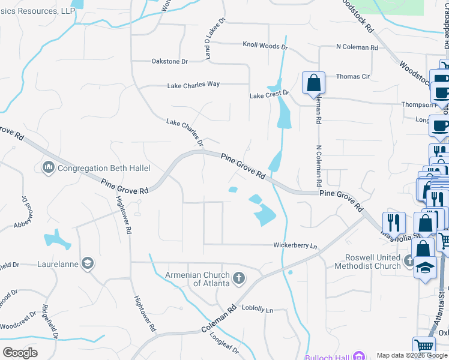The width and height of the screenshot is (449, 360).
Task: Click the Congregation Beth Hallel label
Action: (x=104, y=168)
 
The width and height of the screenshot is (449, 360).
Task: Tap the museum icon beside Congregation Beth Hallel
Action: (x=49, y=167)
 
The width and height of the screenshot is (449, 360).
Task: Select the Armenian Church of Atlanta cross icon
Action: (x=239, y=278)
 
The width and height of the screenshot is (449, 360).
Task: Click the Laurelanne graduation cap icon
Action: (x=88, y=263)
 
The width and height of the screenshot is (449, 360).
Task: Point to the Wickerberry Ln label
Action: (x=295, y=245)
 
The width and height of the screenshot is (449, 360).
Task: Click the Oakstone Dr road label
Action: (x=170, y=61)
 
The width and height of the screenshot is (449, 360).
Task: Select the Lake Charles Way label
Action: (x=193, y=85)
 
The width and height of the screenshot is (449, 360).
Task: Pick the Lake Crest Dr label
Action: (x=270, y=94)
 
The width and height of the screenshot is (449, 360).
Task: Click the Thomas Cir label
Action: (x=353, y=77)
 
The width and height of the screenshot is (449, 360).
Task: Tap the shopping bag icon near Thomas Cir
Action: (x=314, y=82)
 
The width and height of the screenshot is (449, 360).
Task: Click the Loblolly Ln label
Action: (x=257, y=309)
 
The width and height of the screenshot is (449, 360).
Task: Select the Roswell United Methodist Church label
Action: (x=373, y=262)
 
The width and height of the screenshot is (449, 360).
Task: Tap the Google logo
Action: (x=20, y=352)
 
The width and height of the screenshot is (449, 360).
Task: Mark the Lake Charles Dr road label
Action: (x=185, y=133)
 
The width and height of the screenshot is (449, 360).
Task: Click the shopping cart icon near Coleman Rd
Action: (x=424, y=346)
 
